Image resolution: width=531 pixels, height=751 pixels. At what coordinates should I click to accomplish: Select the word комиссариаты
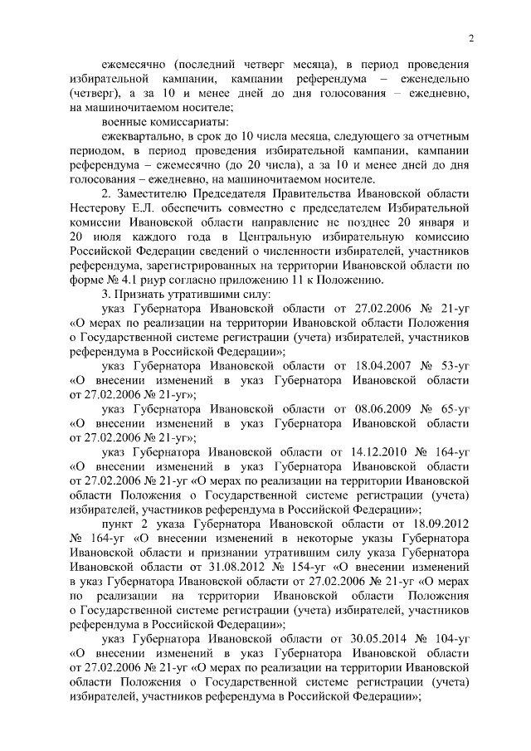[155, 121]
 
